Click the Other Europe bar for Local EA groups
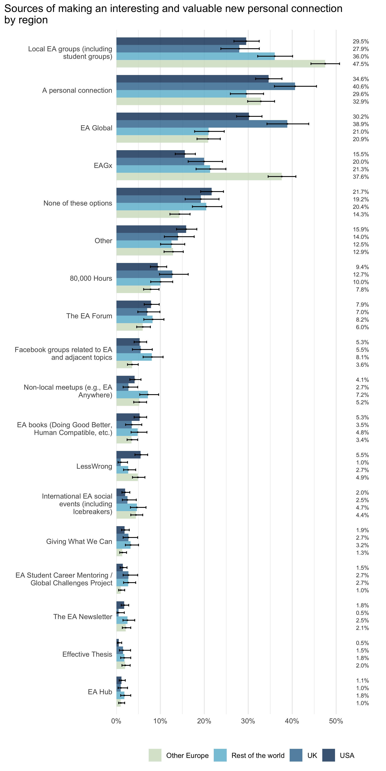coord(220,64)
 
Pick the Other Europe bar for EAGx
coord(199,177)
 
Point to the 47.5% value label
coord(361,64)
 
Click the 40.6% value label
coord(361,87)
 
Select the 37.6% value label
coord(361,177)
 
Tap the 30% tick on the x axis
coord(248,721)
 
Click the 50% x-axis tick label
coord(336,721)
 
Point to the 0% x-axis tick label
coord(116,721)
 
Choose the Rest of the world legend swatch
coord(220,755)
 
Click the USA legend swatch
coord(328,755)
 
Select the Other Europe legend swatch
coord(155,755)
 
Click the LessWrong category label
coord(94,466)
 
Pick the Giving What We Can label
coord(79,541)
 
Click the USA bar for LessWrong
coord(128,455)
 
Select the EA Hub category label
coord(100,692)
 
